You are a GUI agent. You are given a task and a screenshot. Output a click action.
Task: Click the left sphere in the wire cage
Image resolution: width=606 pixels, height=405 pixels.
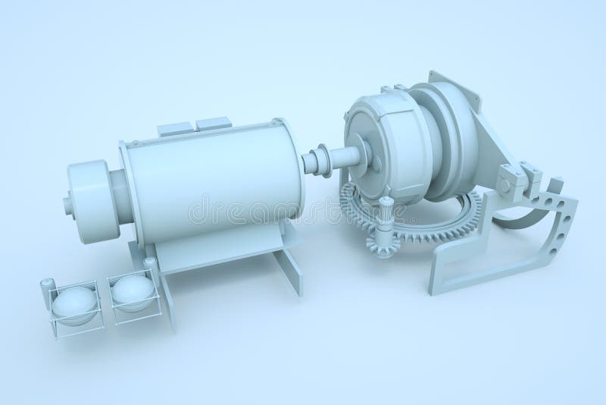point(74,303)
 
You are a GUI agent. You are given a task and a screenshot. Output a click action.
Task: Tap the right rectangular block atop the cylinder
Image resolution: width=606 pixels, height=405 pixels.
point(214,121)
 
